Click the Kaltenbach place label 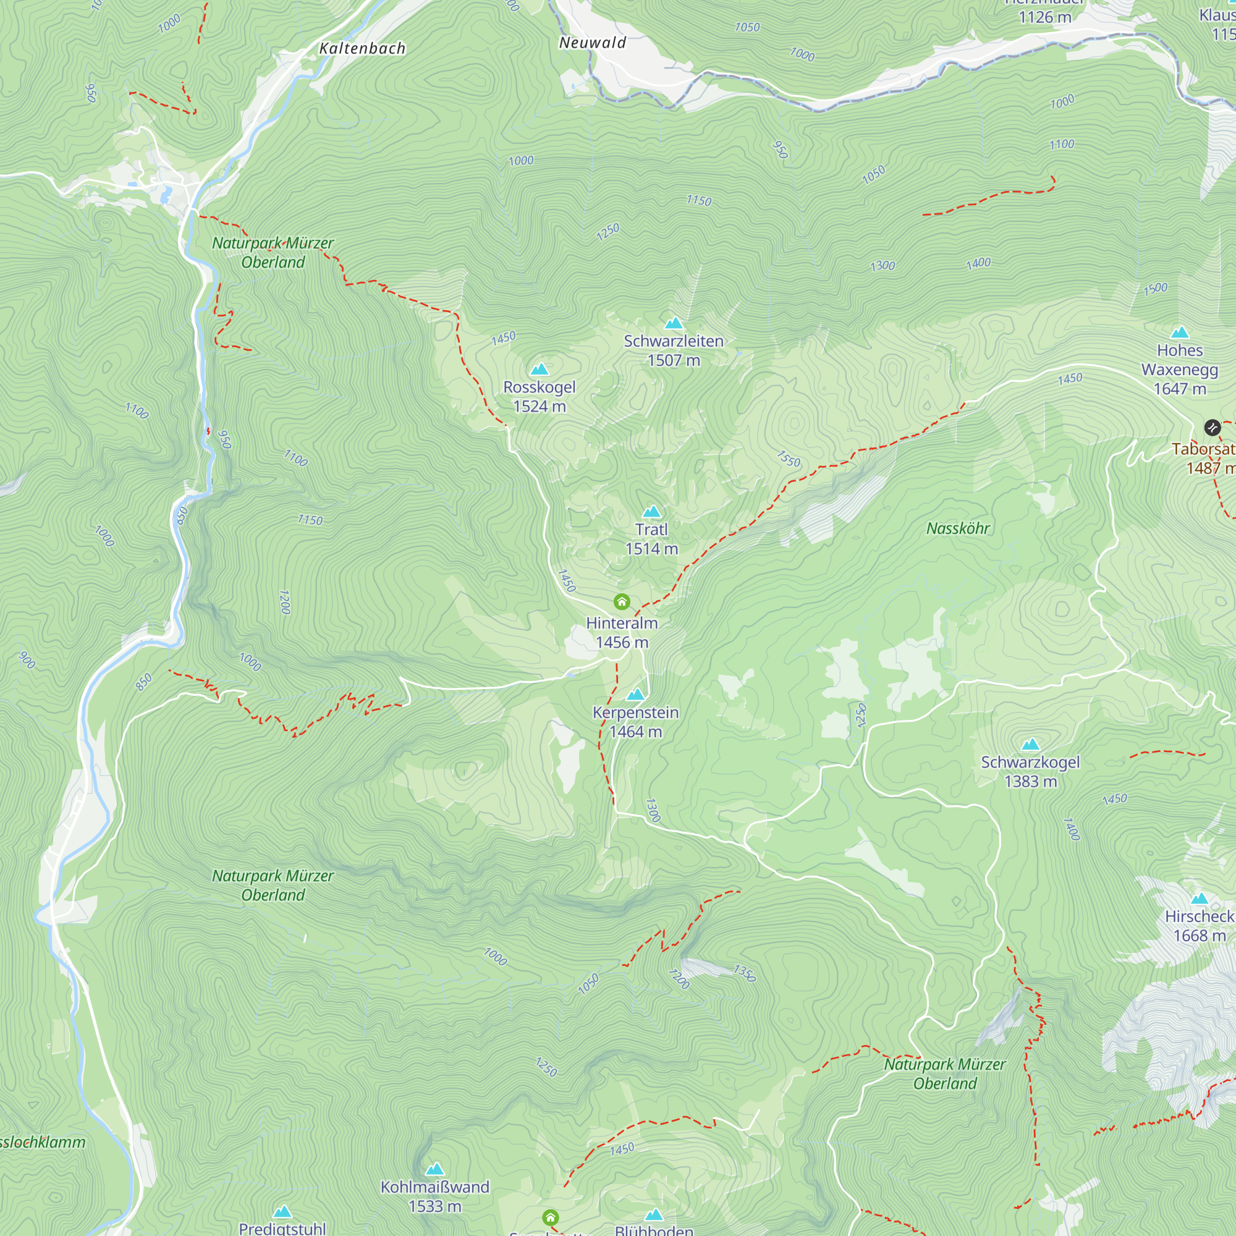pos(362,49)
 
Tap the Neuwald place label pos(593,43)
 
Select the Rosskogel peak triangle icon pos(540,369)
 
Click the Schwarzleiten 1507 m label pos(674,350)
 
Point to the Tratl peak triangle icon pos(651,511)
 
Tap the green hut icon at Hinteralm pos(622,601)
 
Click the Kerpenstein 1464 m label pos(635,722)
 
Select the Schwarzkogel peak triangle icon pos(1031,744)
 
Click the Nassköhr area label pos(958,528)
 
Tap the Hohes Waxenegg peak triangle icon pos(1180,332)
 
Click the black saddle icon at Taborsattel pos(1212,428)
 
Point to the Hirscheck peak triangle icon pos(1200,898)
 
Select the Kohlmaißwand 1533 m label pos(435,1196)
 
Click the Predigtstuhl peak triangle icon pos(282,1212)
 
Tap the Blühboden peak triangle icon pos(654,1215)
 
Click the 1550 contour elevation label pos(788,459)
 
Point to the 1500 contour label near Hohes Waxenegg pos(1156,289)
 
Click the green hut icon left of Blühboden pos(550,1217)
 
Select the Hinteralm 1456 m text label pos(622,632)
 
